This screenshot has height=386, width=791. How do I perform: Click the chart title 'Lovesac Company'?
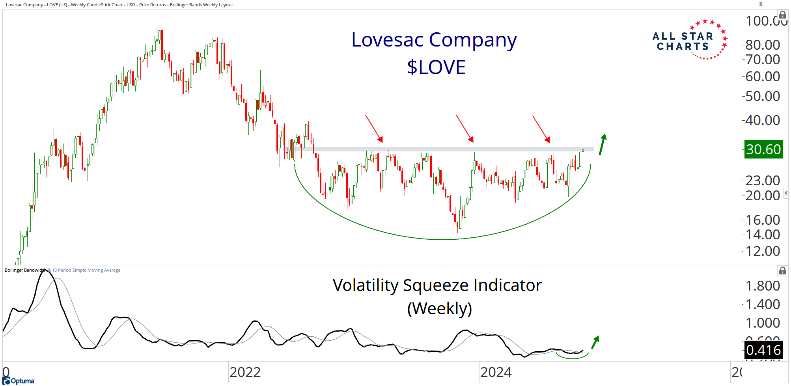434,40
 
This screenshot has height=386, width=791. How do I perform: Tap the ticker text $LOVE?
436,67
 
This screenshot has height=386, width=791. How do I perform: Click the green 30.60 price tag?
763,149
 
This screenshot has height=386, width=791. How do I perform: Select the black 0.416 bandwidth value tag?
763,350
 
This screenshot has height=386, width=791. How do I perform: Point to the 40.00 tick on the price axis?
763,120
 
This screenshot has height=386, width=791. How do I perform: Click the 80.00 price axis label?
763,45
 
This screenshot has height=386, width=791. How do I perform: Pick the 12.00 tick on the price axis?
763,251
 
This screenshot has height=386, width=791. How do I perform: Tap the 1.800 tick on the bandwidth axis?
763,286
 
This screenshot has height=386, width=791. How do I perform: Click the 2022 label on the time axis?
245,372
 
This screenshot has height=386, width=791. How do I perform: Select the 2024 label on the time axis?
496,372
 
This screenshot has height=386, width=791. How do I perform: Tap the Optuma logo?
19,380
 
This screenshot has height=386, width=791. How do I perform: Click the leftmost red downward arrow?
374,128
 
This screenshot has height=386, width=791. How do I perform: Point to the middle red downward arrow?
465,128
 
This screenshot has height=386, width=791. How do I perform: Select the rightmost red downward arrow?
541,129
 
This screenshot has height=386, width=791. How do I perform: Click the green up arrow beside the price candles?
603,144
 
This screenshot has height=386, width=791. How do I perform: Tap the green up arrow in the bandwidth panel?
595,342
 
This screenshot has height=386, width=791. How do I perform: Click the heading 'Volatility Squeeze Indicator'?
437,285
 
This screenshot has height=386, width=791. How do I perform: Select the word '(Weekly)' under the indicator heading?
439,308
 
